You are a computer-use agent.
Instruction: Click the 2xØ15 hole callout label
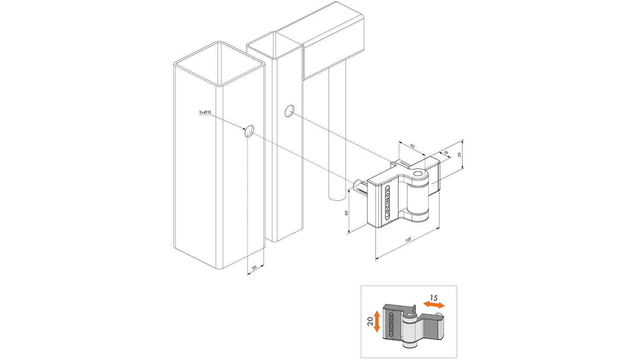205,112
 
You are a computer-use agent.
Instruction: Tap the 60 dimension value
346,212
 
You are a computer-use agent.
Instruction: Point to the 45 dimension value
412,146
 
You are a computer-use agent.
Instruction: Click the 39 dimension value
460,155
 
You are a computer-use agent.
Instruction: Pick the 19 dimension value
446,152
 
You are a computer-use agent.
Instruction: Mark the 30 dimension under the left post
254,268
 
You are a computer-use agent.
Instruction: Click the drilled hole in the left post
249,131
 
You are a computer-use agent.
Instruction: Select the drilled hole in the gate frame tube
290,111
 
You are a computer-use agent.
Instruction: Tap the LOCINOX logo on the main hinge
388,202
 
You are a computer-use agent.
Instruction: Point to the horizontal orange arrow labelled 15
433,305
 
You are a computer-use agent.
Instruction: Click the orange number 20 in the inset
370,321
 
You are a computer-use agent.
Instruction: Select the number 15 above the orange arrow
433,298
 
